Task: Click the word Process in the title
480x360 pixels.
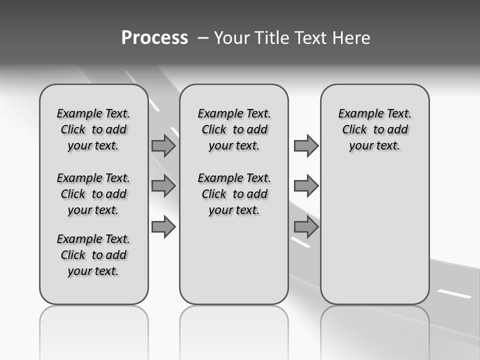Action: point(154,37)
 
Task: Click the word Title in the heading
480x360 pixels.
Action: point(271,38)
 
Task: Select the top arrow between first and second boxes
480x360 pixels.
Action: point(163,145)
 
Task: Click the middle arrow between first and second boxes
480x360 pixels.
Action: point(163,186)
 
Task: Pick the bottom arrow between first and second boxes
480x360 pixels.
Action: point(163,226)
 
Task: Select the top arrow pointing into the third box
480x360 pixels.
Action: point(306,145)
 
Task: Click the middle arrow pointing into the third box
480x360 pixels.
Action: point(306,186)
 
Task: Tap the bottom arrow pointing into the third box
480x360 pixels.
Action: point(306,226)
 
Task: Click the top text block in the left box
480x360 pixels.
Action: point(93,129)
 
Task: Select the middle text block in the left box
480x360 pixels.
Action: point(93,194)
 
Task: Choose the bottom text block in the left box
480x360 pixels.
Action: point(93,255)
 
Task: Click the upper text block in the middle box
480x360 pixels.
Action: point(234,129)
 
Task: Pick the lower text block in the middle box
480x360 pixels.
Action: point(234,194)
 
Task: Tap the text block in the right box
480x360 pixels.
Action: point(374,129)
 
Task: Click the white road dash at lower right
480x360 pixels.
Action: point(454,293)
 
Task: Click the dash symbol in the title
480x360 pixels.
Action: point(203,38)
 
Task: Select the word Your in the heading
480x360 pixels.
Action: point(232,38)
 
